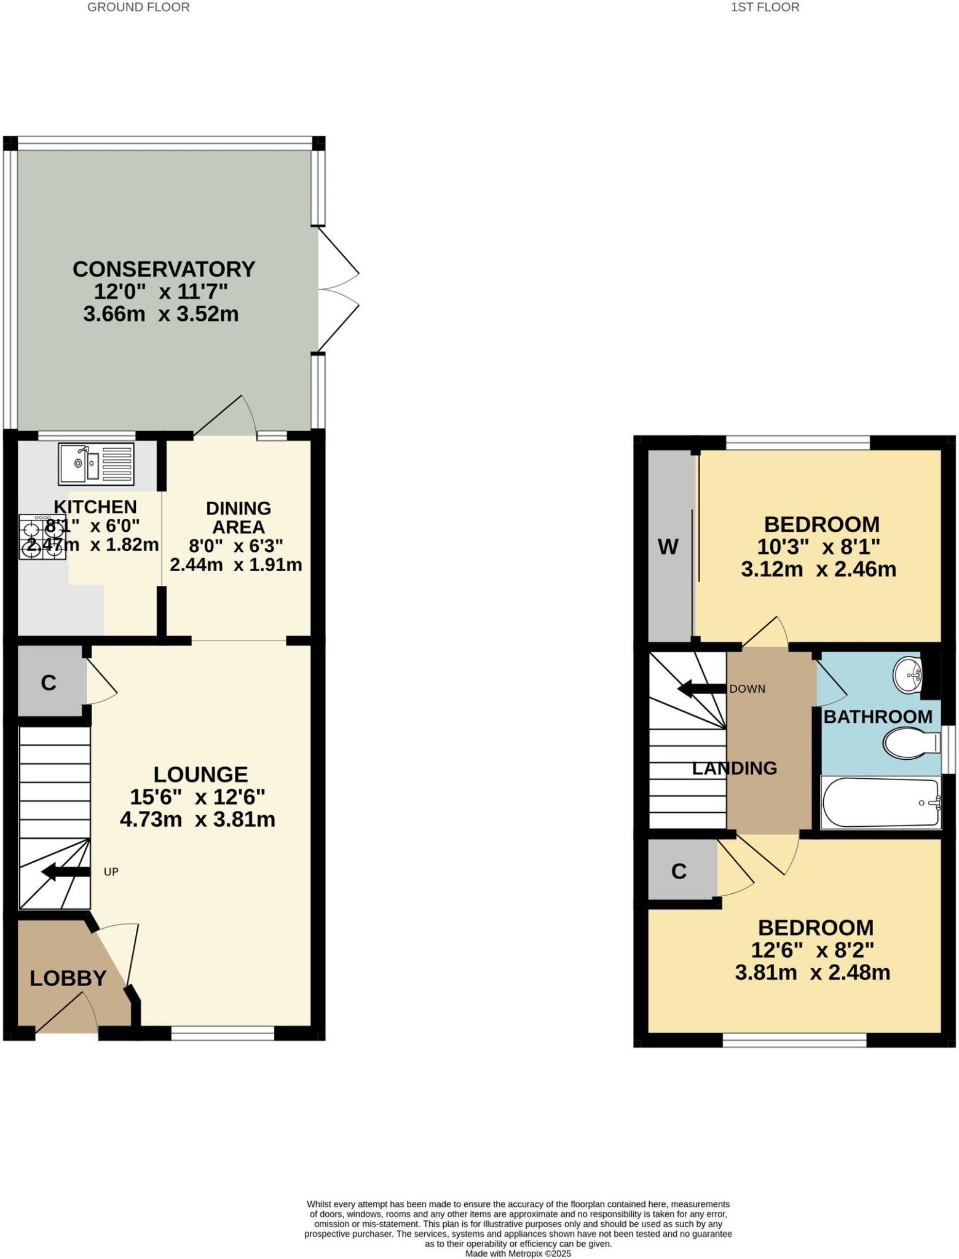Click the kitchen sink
click(x=96, y=463)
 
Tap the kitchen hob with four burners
click(x=42, y=537)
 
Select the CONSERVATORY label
click(x=164, y=269)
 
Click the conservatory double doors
click(x=337, y=290)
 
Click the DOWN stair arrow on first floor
click(x=701, y=689)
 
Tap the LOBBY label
click(x=68, y=978)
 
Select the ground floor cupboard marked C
click(x=49, y=682)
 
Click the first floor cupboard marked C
click(x=679, y=871)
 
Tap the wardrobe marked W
click(x=668, y=547)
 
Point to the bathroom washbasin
click(x=908, y=674)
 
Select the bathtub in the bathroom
click(x=880, y=802)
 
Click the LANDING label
click(x=735, y=768)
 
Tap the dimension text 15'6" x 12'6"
click(x=197, y=797)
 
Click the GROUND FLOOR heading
click(x=138, y=7)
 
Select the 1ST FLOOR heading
click(x=765, y=7)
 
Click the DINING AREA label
click(x=239, y=518)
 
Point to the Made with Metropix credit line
click(x=518, y=1253)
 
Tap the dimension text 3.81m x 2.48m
click(x=812, y=973)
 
